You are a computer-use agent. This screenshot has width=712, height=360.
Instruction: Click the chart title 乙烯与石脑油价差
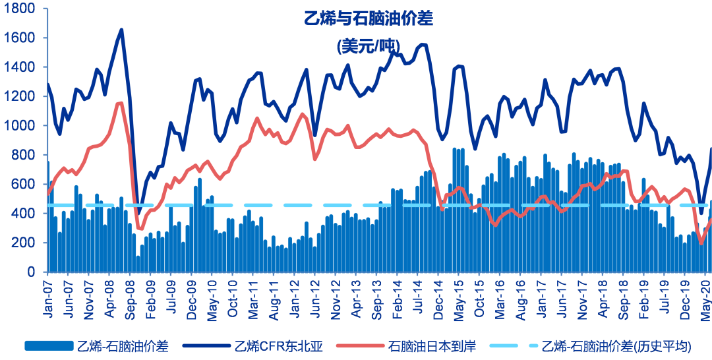coord(369,18)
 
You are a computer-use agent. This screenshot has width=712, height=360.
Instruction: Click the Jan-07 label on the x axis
coord(47,299)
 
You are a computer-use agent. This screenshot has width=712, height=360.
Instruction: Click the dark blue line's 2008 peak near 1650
coord(121,30)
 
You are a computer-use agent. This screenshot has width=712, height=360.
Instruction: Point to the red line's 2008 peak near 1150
coord(120,103)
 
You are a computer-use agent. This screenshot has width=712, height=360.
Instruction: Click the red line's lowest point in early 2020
coord(701,244)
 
